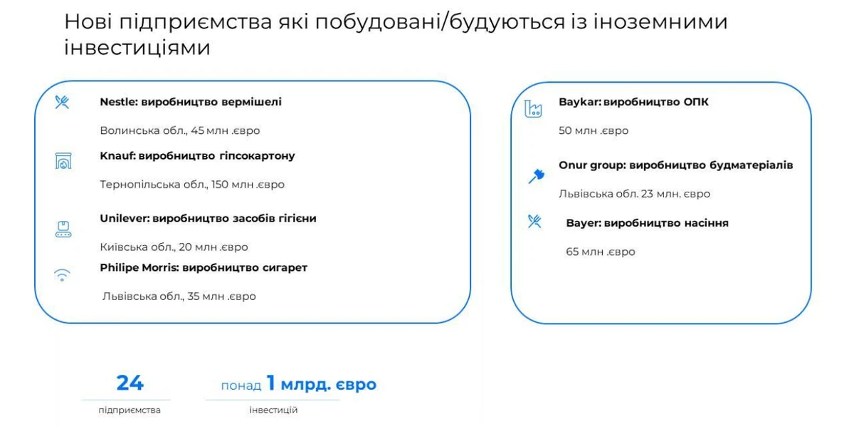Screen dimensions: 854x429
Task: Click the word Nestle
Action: tap(119, 102)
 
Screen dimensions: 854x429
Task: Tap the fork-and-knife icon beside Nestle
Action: tap(62, 103)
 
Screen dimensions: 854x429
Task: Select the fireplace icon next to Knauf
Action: tap(63, 161)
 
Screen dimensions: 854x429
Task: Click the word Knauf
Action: tap(117, 156)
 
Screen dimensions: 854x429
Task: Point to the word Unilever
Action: tap(125, 218)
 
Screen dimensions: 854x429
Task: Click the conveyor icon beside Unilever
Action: tap(63, 229)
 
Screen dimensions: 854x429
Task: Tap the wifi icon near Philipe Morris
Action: tap(62, 275)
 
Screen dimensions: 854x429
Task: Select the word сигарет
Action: tap(285, 268)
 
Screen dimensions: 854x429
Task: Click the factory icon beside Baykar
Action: tap(533, 108)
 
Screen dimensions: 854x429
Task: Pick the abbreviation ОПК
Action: tap(696, 102)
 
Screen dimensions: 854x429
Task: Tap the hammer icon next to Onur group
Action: tap(537, 176)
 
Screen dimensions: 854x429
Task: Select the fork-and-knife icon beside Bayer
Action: tap(534, 222)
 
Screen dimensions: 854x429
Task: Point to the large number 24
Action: tap(130, 383)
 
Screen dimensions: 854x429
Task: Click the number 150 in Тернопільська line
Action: tap(220, 185)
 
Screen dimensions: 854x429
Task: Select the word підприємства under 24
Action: tap(130, 410)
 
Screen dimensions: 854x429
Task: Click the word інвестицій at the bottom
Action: tap(273, 410)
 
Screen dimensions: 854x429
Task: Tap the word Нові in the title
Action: tap(88, 21)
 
